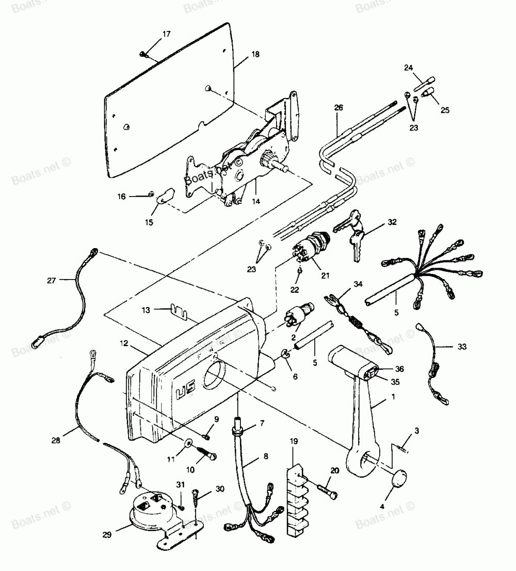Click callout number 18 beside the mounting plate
click(256, 54)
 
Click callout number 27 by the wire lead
click(51, 281)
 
